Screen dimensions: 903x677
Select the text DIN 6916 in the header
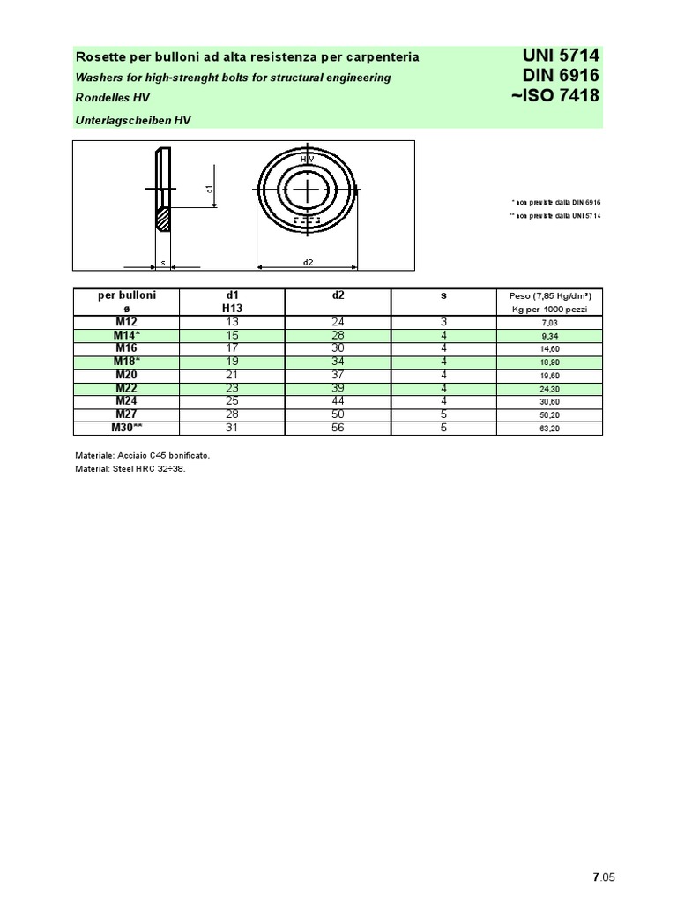coord(561,76)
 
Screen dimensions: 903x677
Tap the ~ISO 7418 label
coord(555,95)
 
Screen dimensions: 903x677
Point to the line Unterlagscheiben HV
coord(133,119)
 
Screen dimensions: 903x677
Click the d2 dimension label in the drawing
coord(308,262)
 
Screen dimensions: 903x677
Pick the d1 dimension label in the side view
coord(209,189)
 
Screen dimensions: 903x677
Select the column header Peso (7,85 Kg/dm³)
coord(550,296)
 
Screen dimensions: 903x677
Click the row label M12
coord(126,323)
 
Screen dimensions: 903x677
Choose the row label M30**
coord(126,428)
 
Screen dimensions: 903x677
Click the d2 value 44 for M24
coord(338,401)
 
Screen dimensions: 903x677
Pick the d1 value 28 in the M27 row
coord(232,414)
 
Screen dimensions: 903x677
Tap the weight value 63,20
coord(550,429)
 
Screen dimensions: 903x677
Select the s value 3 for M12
coord(444,323)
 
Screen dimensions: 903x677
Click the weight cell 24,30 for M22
coord(550,389)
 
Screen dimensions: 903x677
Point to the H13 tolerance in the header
coord(232,309)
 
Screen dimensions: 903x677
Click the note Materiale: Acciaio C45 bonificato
coord(143,455)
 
